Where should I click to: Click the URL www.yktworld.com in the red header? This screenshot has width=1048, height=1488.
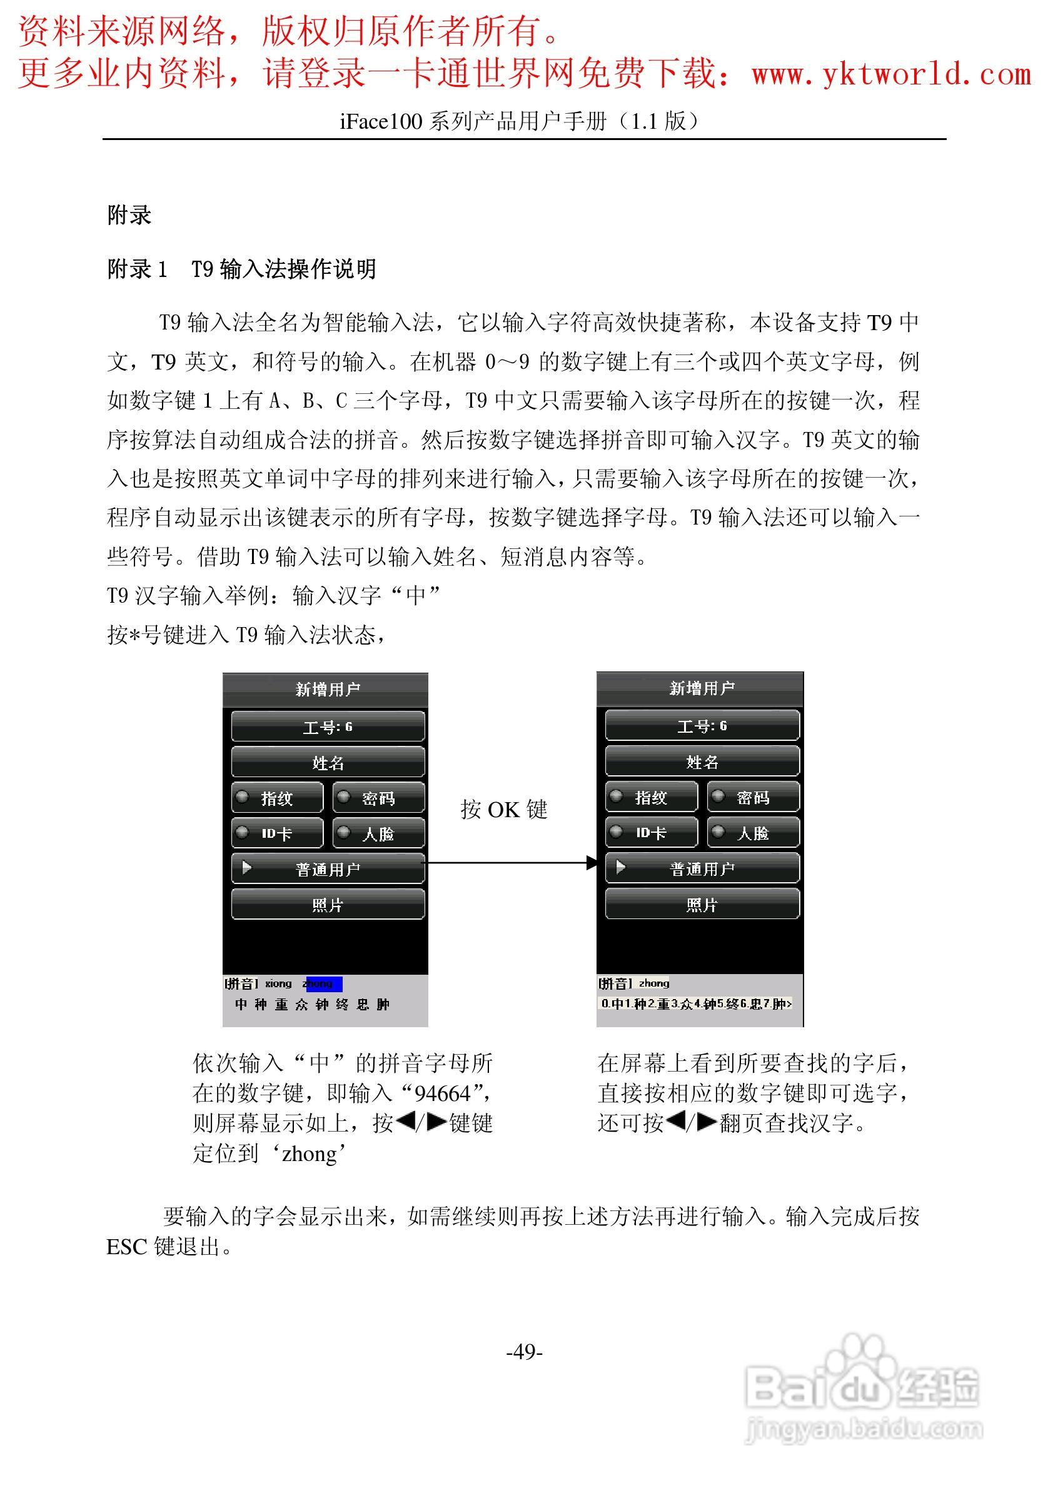[891, 73]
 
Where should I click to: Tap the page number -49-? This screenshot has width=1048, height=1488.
[525, 1351]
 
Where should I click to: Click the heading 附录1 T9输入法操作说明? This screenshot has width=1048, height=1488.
[242, 268]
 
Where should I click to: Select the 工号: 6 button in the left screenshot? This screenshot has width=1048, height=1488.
[328, 726]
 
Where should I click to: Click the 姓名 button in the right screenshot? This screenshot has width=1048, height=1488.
[702, 762]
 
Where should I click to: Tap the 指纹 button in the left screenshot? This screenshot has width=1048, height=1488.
[278, 798]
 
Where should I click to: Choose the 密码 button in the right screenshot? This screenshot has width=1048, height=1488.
[753, 797]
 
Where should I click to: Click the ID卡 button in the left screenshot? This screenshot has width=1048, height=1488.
[278, 833]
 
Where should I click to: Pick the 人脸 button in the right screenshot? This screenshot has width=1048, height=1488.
[753, 833]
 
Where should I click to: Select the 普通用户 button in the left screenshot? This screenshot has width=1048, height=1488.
[328, 869]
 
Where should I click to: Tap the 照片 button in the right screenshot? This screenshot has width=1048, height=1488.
[702, 904]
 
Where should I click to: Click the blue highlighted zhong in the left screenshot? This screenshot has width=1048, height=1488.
[323, 984]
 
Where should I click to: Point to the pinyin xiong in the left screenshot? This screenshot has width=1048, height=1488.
[278, 984]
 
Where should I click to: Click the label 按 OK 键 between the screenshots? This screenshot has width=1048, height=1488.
[503, 810]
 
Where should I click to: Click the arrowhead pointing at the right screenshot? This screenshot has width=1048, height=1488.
[591, 863]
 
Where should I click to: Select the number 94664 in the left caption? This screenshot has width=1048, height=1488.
[442, 1093]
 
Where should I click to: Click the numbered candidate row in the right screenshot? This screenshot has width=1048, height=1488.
[695, 1004]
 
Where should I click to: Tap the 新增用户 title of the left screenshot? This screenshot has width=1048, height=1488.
[328, 689]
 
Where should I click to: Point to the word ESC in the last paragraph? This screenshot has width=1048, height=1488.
[127, 1246]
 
